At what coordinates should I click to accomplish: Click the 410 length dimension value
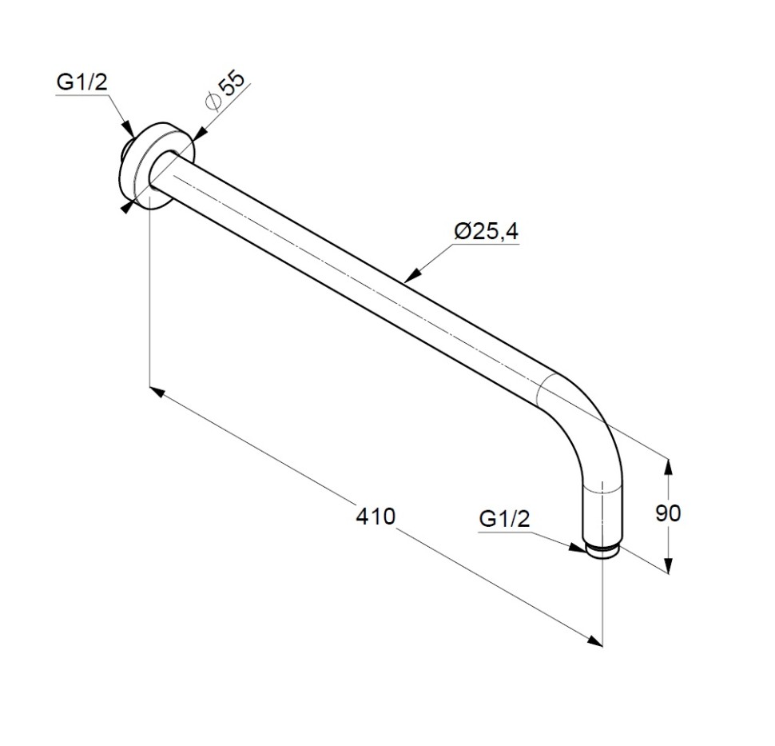coord(376,517)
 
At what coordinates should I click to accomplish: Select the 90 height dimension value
coord(668,513)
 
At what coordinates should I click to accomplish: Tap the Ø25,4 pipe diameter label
coord(487,232)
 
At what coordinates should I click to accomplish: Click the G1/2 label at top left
coord(81,82)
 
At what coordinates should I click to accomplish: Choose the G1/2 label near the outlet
coord(504,519)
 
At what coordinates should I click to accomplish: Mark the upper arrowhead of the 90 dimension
coord(668,468)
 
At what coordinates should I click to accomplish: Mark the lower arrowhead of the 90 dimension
coord(668,565)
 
